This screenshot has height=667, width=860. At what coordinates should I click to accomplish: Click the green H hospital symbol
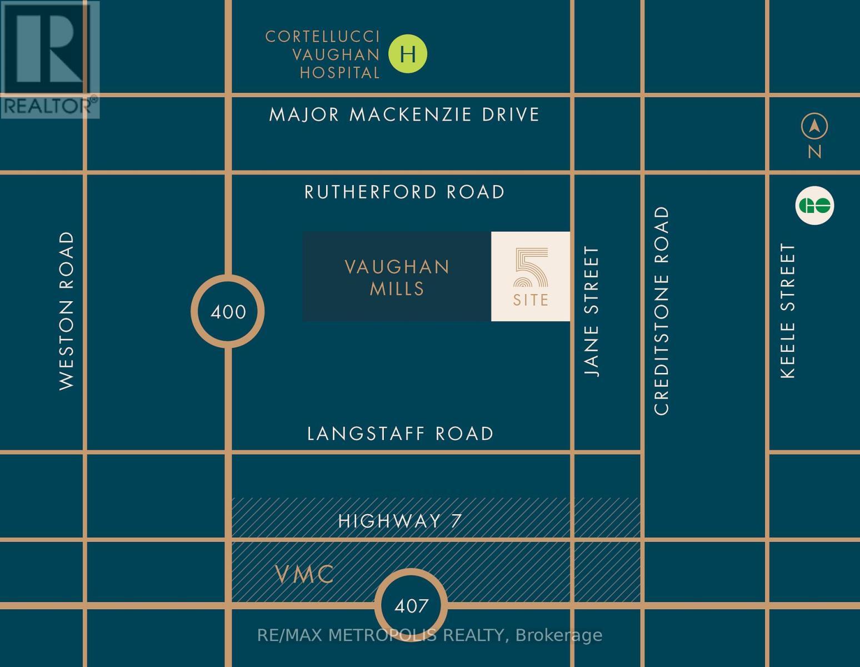click(408, 54)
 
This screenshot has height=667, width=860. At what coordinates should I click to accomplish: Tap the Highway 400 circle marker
click(228, 311)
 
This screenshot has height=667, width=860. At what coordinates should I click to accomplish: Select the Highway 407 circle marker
click(411, 605)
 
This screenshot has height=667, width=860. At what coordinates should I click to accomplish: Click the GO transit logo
click(815, 206)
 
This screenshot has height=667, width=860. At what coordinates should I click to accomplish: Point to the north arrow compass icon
click(814, 127)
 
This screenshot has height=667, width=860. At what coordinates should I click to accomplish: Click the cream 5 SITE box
click(531, 276)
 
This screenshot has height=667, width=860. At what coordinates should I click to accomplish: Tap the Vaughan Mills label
click(397, 277)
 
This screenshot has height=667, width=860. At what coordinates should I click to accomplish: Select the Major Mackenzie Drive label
click(404, 115)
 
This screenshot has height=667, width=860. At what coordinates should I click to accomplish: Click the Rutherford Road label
click(404, 192)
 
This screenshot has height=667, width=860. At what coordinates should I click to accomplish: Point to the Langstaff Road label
click(401, 434)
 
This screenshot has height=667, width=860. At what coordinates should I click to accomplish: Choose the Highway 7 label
click(400, 521)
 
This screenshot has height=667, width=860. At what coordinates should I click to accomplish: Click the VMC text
click(305, 574)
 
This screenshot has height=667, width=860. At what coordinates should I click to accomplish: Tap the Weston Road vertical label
click(66, 311)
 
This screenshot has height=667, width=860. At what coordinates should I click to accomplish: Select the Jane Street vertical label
click(593, 312)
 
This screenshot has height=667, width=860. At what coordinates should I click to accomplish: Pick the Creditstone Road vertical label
click(662, 311)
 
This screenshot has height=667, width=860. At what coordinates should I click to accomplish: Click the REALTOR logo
click(50, 59)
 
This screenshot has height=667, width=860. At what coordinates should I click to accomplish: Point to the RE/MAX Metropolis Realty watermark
click(429, 635)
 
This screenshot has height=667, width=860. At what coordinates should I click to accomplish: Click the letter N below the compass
click(814, 151)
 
